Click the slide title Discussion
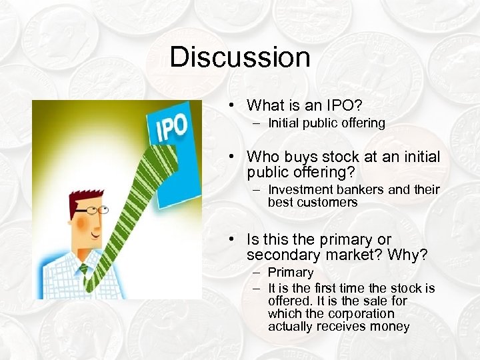pos(240,57)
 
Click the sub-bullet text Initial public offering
pos(327,123)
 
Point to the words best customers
pos(313,202)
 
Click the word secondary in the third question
pos(281,255)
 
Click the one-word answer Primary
pos(291,273)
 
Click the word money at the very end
pos(393,326)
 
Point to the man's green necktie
pos(84,273)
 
